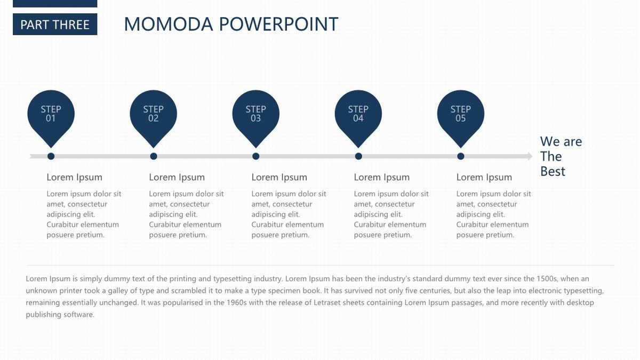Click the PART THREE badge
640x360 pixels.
[55, 25]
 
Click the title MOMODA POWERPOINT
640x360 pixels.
[231, 24]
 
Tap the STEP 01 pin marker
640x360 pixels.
[51, 117]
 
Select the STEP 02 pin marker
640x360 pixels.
[154, 117]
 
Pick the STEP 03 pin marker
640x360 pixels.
[255, 117]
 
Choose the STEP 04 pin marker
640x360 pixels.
[358, 117]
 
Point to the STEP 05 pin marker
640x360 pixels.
[461, 117]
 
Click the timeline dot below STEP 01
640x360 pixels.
[51, 156]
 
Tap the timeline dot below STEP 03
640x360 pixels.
[255, 156]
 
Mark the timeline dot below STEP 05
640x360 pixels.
[461, 156]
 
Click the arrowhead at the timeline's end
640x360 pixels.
[530, 156]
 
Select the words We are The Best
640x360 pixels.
[561, 156]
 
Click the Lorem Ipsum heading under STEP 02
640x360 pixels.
[177, 178]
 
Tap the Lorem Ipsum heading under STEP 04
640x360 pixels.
[382, 178]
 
